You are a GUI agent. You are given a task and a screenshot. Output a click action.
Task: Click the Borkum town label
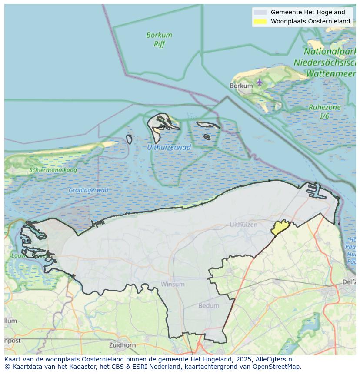[x=241, y=86]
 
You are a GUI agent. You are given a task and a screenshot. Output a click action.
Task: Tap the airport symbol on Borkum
[x=260, y=82]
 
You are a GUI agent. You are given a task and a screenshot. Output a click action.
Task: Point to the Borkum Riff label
[x=159, y=39]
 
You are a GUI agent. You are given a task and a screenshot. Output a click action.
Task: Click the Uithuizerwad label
[x=169, y=147]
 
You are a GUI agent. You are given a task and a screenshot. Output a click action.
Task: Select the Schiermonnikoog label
[x=53, y=170]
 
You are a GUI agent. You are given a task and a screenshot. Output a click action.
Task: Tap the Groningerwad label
[x=88, y=190]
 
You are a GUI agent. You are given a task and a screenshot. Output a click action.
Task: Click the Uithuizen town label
[x=243, y=225]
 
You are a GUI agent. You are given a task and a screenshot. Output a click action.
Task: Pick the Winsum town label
[x=173, y=284]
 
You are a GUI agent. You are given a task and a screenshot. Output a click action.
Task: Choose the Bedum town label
[x=209, y=306]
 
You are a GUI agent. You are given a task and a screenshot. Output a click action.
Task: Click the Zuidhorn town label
[x=123, y=345]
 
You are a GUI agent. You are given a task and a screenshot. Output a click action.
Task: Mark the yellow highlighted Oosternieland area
[x=280, y=227]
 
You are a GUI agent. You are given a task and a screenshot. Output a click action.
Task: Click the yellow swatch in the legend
[x=260, y=21]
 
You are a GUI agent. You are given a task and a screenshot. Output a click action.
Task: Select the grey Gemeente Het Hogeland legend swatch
[x=260, y=12]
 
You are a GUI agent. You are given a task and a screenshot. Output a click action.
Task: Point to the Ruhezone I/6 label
[x=324, y=112]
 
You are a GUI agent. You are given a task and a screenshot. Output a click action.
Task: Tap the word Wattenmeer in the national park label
[x=331, y=74]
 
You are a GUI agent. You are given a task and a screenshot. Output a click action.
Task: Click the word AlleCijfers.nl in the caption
[x=274, y=360]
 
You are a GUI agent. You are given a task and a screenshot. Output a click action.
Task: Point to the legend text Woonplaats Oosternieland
[x=310, y=21]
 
